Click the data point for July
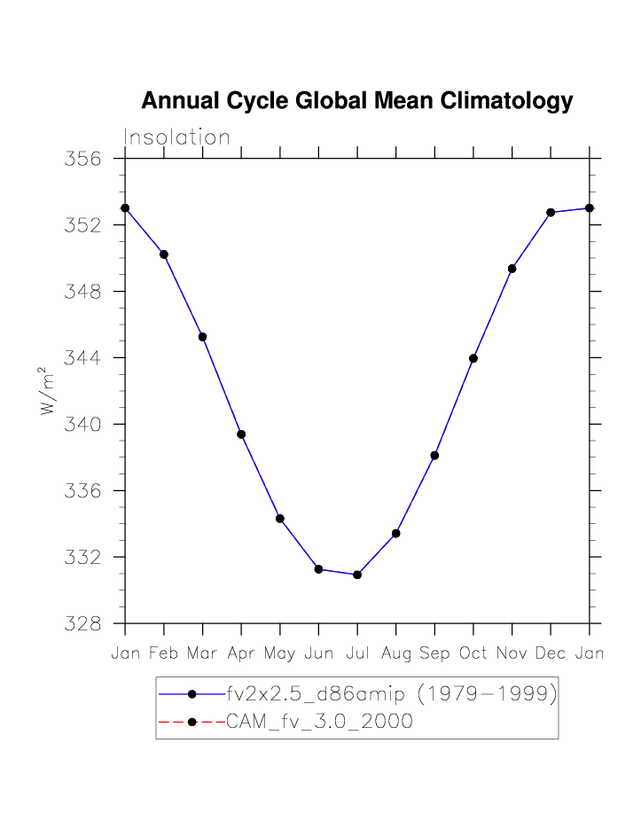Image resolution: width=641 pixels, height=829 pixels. click(x=357, y=575)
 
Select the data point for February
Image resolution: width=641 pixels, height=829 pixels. click(x=164, y=254)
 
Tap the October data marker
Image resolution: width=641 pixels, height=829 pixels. click(x=473, y=358)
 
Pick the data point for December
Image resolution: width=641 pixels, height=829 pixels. click(x=551, y=213)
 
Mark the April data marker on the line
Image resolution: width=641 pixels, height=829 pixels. click(x=241, y=434)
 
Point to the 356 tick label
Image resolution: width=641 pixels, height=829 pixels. click(x=83, y=160)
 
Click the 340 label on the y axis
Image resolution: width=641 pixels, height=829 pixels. click(x=83, y=425)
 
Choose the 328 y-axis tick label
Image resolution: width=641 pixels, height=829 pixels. click(x=83, y=624)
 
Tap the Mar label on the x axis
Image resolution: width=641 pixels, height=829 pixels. click(x=202, y=654)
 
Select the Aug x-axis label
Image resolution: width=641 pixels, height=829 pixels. click(x=395, y=654)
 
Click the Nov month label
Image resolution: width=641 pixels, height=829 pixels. click(x=512, y=654)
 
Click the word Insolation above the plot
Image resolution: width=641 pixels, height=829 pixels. click(x=176, y=138)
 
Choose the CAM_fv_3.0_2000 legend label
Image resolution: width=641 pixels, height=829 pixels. click(x=320, y=722)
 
